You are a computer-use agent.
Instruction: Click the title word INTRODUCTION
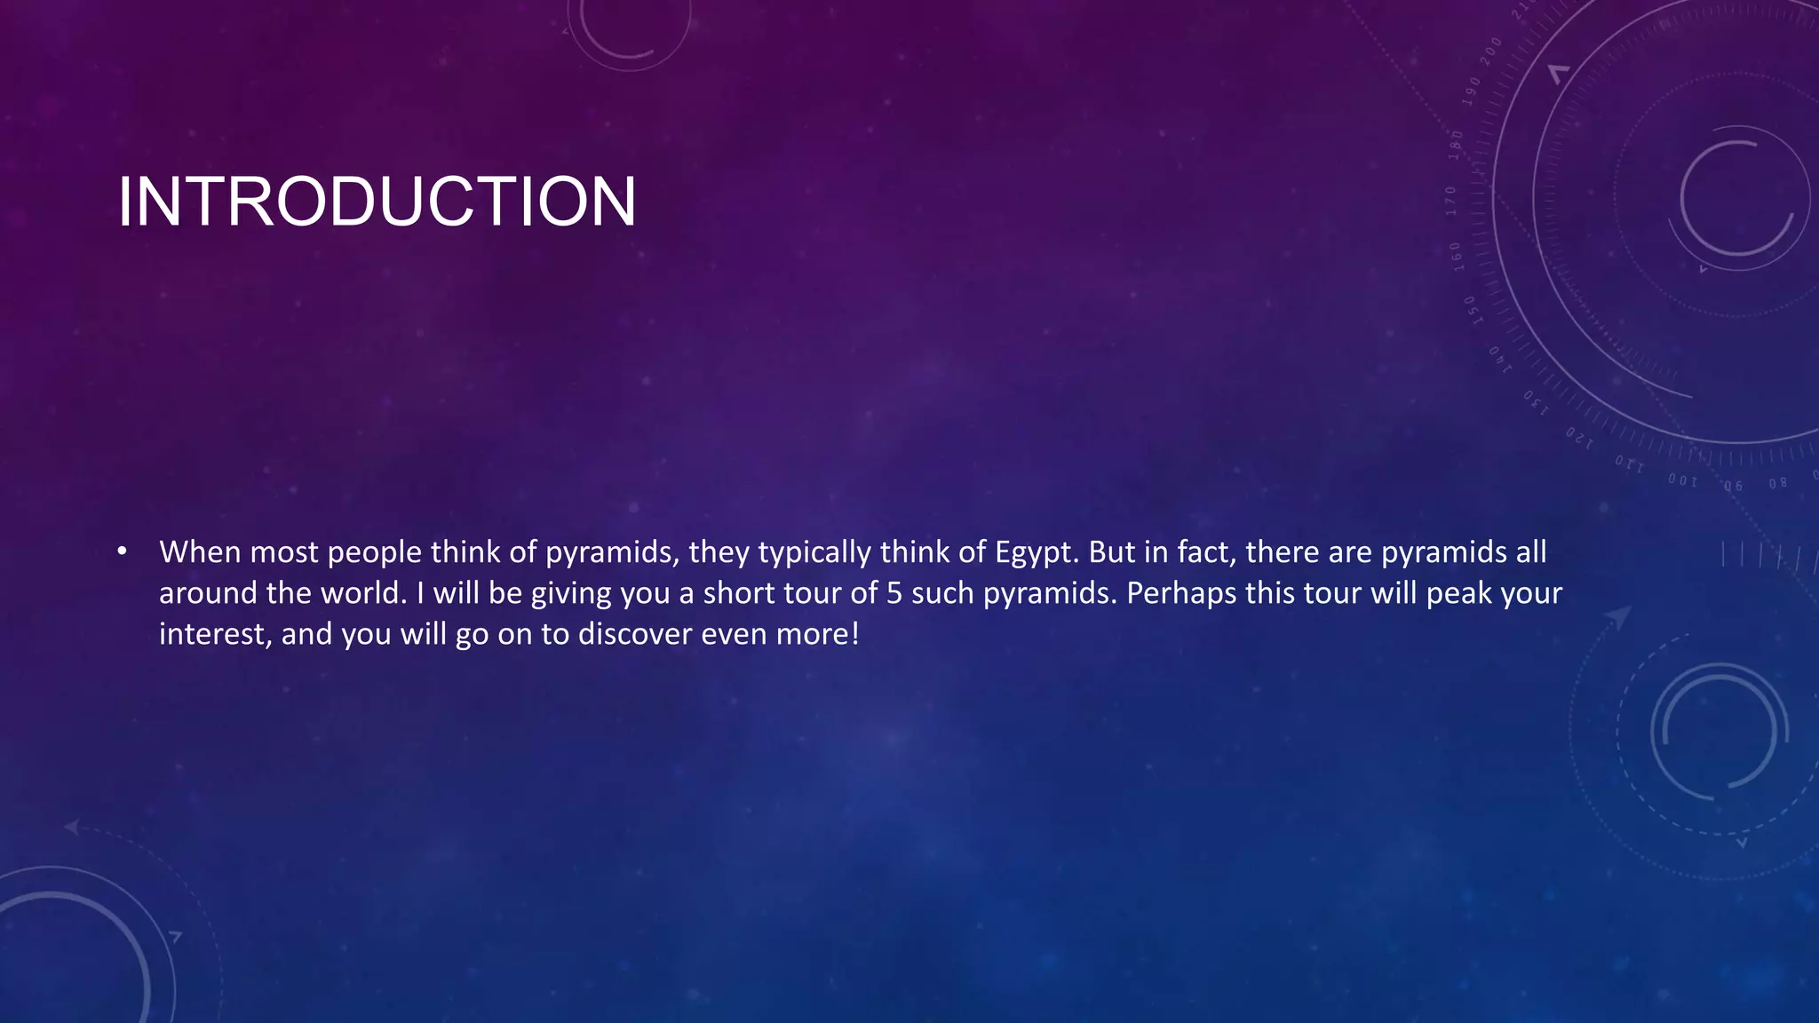(x=377, y=202)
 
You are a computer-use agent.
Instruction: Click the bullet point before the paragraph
(x=123, y=552)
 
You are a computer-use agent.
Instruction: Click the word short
(x=736, y=593)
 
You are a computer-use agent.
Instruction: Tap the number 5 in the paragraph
(x=894, y=593)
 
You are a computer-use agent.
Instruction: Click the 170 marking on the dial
(x=1451, y=201)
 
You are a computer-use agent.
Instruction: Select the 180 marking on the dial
(x=1456, y=145)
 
